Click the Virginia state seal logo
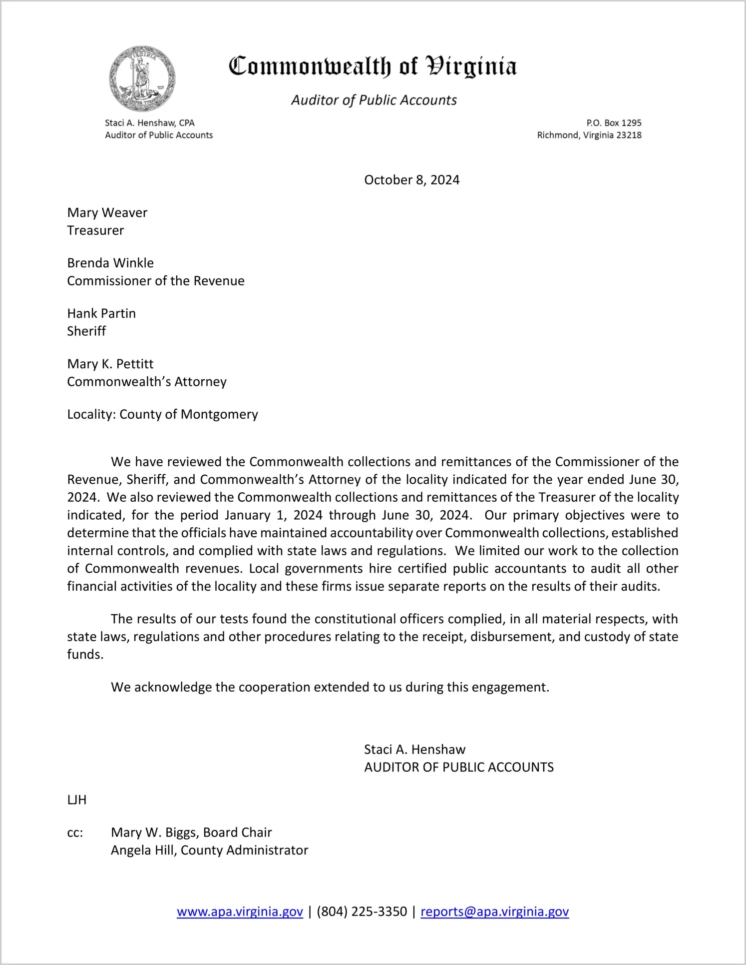point(142,79)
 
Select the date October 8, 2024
point(411,180)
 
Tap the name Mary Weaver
point(107,213)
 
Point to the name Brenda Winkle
point(110,263)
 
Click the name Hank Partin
point(101,313)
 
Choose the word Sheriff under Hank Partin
point(86,331)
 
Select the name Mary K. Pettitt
point(110,364)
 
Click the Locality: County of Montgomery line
point(162,414)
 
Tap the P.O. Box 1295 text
point(614,123)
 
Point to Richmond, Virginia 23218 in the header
point(589,135)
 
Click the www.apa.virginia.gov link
point(240,912)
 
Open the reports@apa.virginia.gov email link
point(494,912)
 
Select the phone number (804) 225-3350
point(362,912)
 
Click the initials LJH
point(77,800)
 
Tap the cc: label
point(75,833)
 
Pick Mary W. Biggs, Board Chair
point(191,833)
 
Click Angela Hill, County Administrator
point(209,851)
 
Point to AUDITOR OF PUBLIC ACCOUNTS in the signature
point(459,768)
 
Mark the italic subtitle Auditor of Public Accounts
point(374,100)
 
